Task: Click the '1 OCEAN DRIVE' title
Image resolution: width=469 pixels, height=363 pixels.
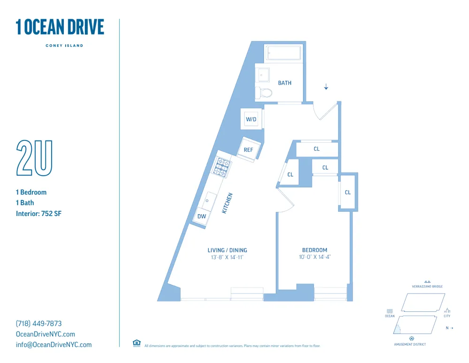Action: (x=60, y=27)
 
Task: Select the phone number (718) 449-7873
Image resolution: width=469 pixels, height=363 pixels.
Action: (x=38, y=324)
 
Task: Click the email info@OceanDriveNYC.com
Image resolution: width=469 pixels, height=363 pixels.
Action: (x=53, y=345)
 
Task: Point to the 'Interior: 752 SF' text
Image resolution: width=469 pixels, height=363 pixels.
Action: (x=39, y=214)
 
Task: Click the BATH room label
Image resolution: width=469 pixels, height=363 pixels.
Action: (x=285, y=83)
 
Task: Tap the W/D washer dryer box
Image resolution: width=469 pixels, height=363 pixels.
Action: (x=251, y=119)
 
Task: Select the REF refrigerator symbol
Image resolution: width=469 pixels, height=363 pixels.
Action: (x=248, y=150)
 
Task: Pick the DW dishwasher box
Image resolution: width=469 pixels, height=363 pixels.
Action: (x=202, y=216)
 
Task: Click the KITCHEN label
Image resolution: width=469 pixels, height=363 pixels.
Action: (x=227, y=203)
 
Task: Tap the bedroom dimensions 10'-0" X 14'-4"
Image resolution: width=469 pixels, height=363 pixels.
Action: (x=315, y=257)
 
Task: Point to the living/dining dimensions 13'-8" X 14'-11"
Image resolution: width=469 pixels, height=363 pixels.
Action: (x=227, y=257)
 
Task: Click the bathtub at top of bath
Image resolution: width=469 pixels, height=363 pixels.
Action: (x=283, y=53)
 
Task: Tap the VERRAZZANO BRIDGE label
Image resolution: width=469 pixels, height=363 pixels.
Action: (x=427, y=286)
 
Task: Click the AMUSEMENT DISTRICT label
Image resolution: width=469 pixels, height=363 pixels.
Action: (x=410, y=345)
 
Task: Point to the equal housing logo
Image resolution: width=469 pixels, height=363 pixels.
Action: (x=137, y=343)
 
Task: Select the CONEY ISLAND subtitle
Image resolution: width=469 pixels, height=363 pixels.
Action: (x=64, y=46)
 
